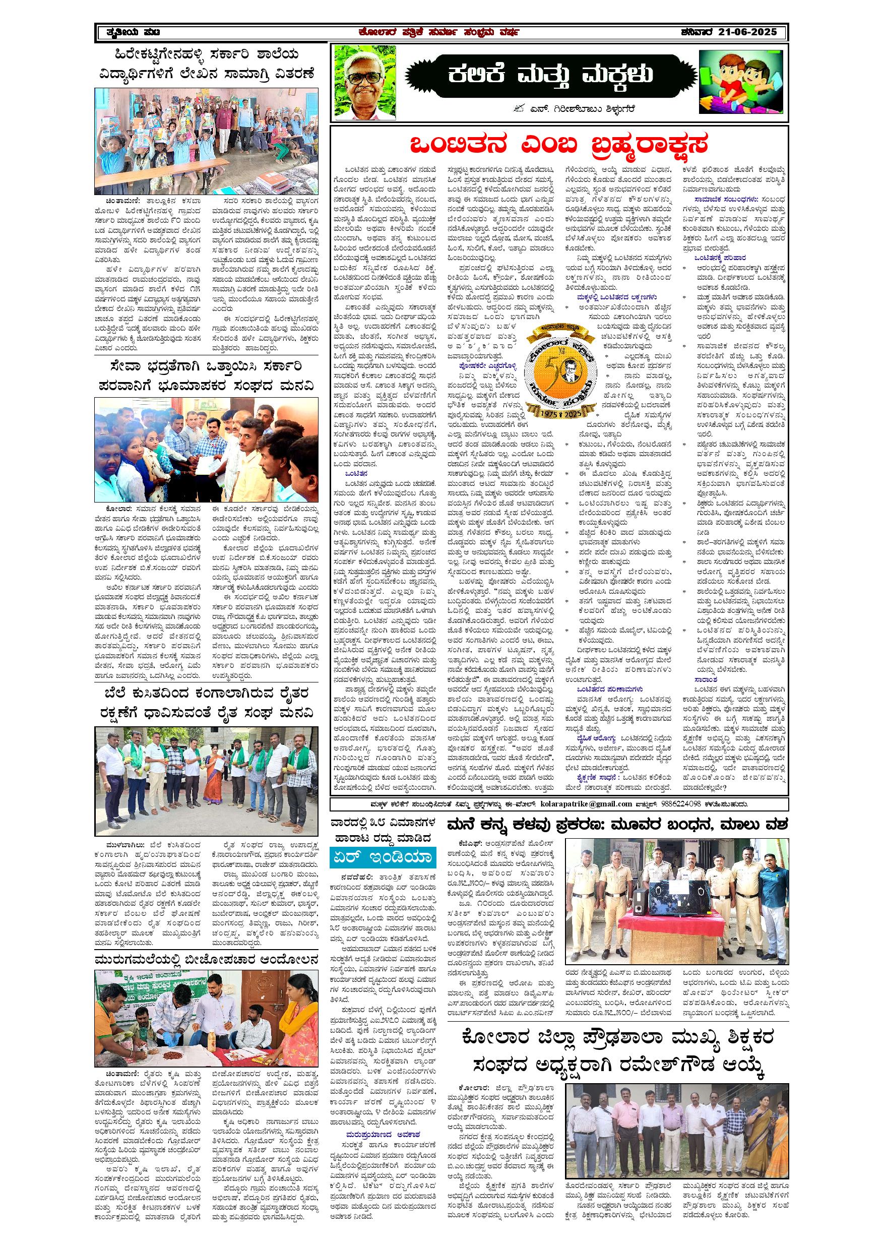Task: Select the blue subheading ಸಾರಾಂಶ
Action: click(x=706, y=680)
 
